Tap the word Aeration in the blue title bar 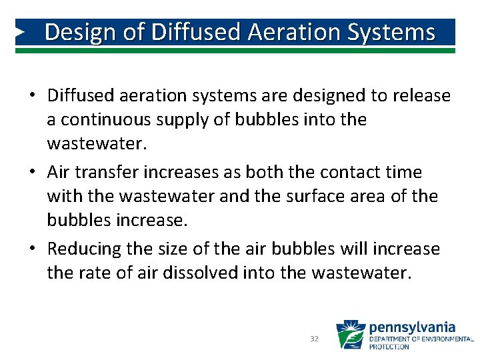(285, 32)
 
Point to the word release (421, 96)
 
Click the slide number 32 (315, 339)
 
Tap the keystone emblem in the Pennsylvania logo (350, 335)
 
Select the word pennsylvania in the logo (412, 327)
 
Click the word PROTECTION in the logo (389, 347)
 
